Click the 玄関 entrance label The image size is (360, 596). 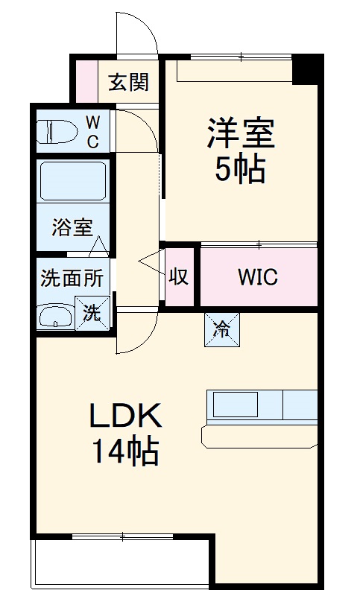click(128, 82)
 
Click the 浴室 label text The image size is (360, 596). click(72, 227)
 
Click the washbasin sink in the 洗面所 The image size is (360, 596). click(57, 316)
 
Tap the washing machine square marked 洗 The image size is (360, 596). click(92, 312)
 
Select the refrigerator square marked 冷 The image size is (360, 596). click(223, 329)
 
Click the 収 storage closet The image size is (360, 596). click(179, 276)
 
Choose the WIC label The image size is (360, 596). click(257, 277)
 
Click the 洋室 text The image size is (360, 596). click(241, 134)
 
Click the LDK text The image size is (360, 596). click(125, 416)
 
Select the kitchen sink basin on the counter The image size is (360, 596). click(235, 405)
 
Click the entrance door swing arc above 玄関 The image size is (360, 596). click(137, 34)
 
